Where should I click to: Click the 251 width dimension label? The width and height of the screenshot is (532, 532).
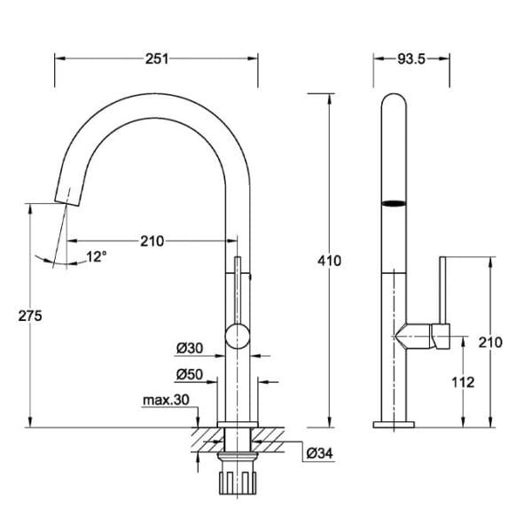(157, 59)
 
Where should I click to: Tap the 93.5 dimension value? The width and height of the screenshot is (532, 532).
(411, 59)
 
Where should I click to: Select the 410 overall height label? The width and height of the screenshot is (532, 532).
(329, 261)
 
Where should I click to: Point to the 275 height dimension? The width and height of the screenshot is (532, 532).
(30, 316)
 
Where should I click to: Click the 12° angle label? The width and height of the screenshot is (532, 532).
(97, 256)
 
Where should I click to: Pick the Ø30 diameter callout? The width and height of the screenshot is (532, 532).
(190, 348)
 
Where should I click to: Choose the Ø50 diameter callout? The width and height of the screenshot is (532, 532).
(190, 374)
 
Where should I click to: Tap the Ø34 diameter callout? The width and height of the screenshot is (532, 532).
(320, 453)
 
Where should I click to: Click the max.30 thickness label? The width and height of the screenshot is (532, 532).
(166, 400)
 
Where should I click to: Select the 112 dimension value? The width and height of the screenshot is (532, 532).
(463, 382)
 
